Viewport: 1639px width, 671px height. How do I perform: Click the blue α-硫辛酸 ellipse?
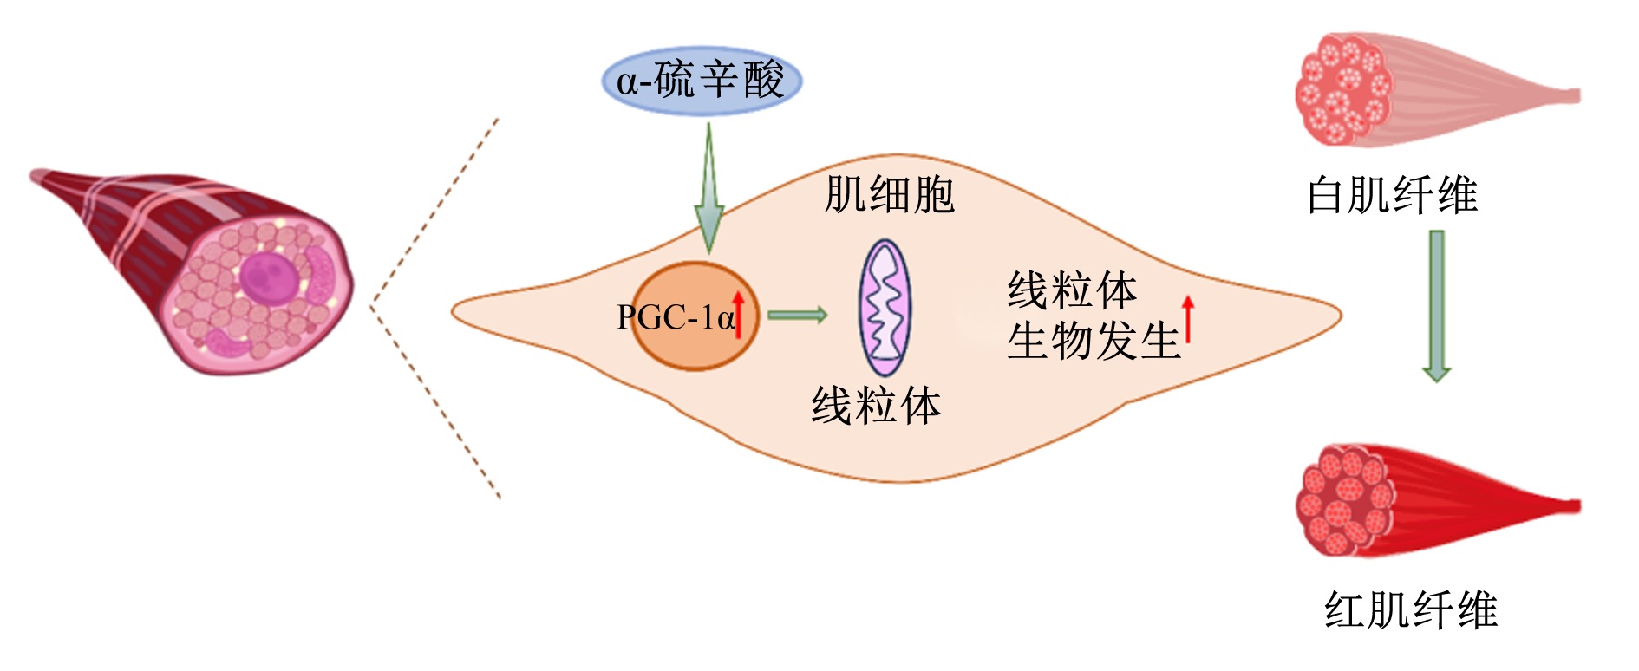pyautogui.click(x=702, y=81)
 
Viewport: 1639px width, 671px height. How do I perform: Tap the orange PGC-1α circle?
pyautogui.click(x=694, y=316)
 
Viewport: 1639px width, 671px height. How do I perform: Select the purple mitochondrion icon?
pyautogui.click(x=885, y=308)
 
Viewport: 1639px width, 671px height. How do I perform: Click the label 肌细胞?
pyautogui.click(x=889, y=194)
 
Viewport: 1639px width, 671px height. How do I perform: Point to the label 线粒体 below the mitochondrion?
pyautogui.click(x=876, y=405)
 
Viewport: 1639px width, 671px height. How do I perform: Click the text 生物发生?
pyautogui.click(x=1094, y=340)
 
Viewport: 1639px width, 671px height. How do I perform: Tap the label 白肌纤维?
pyautogui.click(x=1392, y=195)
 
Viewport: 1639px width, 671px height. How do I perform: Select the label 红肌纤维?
pyautogui.click(x=1411, y=609)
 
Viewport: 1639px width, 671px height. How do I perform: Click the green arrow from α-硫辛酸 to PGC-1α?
pyautogui.click(x=709, y=188)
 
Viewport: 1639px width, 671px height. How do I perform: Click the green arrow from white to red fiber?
pyautogui.click(x=1437, y=306)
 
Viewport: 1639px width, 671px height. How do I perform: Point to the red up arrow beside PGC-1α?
pyautogui.click(x=739, y=314)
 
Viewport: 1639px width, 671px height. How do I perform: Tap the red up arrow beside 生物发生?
pyautogui.click(x=1188, y=319)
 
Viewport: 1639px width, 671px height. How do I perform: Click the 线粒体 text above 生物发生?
pyautogui.click(x=1072, y=290)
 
